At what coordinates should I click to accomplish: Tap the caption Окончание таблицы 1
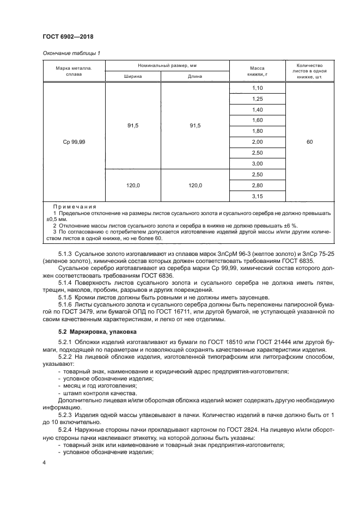pos(71,53)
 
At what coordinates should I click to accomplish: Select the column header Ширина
pos(133,77)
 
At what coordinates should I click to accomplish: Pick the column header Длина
pos(195,77)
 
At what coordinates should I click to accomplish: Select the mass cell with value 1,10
pos(258,88)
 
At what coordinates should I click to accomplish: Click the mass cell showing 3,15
pos(258,197)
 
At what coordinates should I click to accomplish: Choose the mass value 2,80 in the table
pos(258,186)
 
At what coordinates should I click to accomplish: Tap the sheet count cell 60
pos(309,142)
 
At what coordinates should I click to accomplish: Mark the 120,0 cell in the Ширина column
pos(133,186)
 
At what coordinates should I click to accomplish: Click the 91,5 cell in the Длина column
pos(195,126)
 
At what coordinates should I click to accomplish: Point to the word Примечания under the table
pos(75,207)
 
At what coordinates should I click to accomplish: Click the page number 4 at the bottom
pos(44,462)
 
